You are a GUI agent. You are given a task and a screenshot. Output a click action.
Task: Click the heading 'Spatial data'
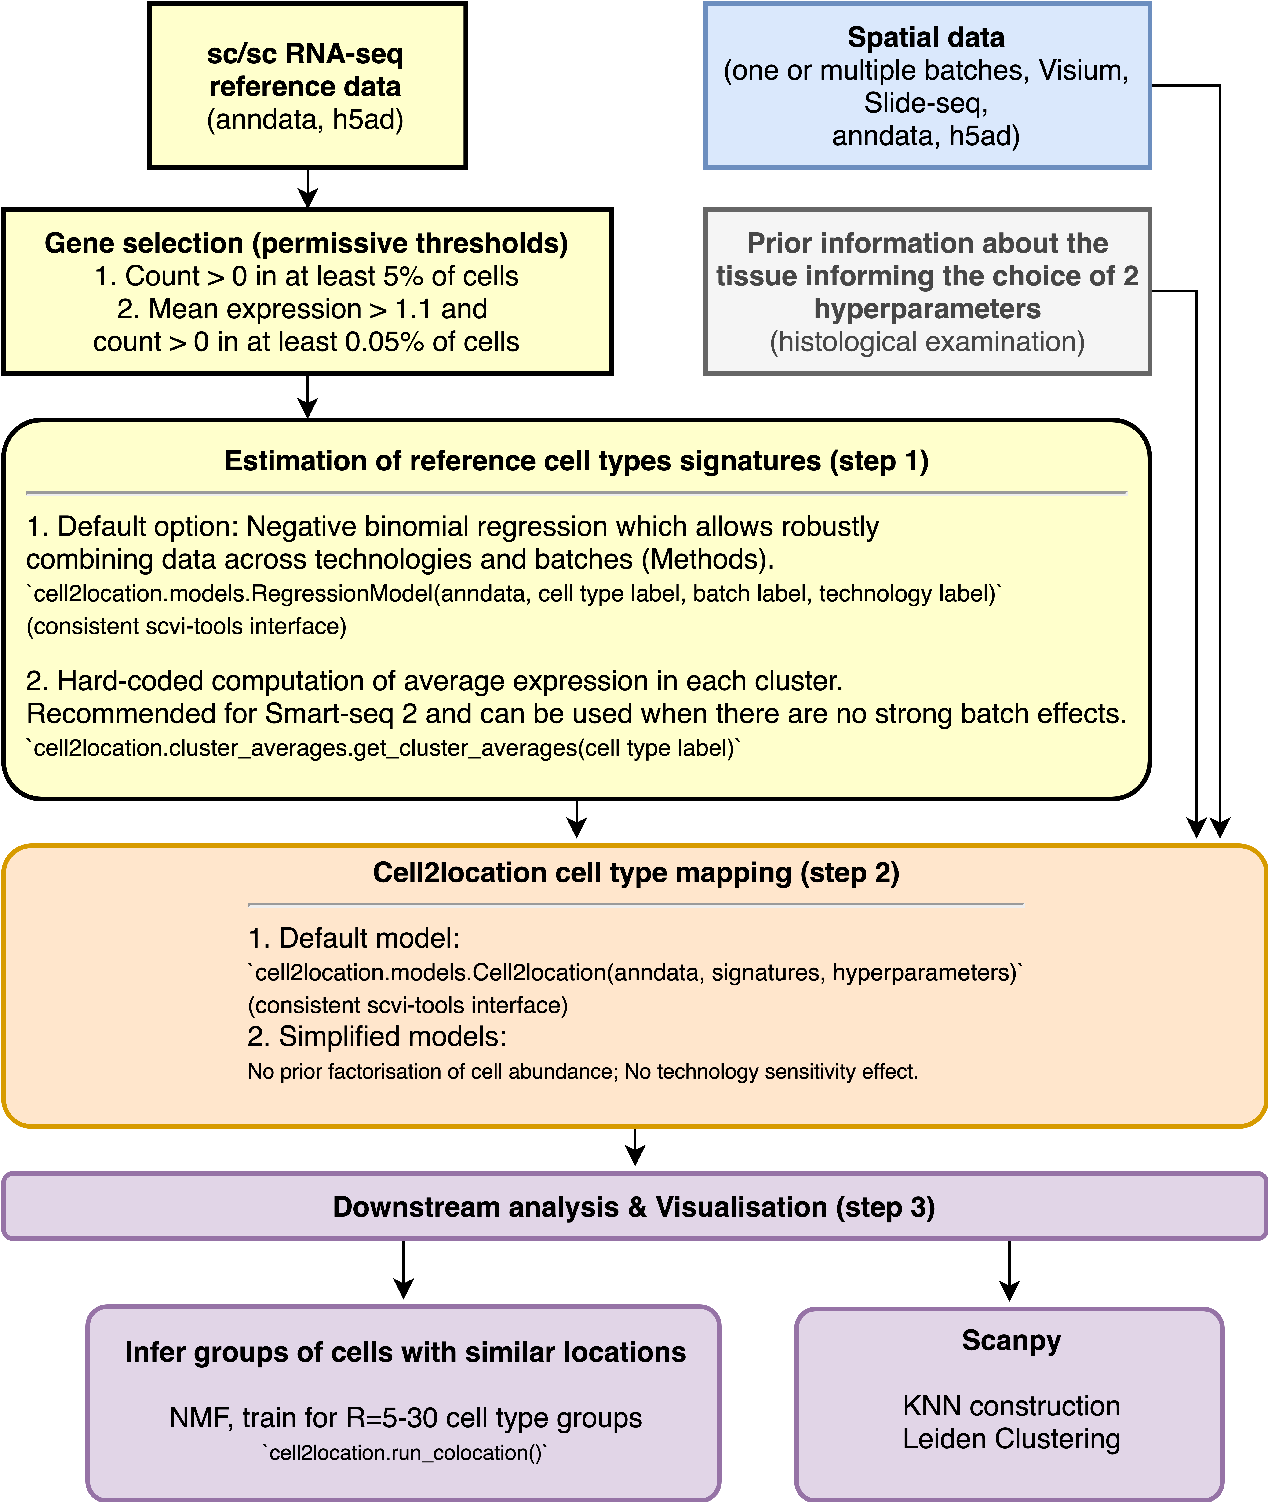point(926,37)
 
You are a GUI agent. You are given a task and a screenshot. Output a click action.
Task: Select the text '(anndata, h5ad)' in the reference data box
point(306,119)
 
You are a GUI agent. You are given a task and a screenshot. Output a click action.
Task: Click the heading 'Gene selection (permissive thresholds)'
point(306,243)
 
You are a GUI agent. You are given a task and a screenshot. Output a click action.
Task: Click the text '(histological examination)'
point(927,342)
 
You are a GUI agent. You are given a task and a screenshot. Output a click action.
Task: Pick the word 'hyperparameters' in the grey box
point(927,309)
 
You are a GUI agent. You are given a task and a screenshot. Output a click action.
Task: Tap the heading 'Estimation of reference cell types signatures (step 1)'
point(576,461)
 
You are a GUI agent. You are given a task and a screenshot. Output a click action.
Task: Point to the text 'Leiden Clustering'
point(1011,1439)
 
